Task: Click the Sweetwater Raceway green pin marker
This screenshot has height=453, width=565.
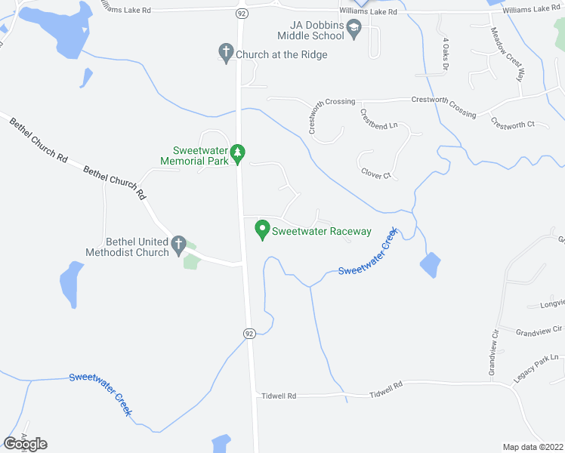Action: [263, 229]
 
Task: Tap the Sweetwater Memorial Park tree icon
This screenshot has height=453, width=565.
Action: [238, 154]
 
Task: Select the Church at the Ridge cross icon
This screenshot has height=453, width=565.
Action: [225, 54]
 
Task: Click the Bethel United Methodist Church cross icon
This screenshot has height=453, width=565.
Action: [179, 244]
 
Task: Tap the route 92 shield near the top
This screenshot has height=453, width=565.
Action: [240, 13]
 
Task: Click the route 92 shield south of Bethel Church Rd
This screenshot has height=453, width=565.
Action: [249, 332]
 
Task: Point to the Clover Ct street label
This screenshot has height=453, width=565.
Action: [375, 174]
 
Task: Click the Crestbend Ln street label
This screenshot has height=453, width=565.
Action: [378, 120]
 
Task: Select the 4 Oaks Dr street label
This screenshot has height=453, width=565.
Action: [446, 54]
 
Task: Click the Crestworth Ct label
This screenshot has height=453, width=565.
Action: [512, 123]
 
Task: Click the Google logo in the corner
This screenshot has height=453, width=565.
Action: [25, 443]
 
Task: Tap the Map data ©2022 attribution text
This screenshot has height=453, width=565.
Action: [533, 447]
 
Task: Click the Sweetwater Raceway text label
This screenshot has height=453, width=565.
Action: [322, 232]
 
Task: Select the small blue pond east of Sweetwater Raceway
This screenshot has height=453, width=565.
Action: [429, 265]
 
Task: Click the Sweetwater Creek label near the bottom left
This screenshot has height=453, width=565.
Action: [100, 393]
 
